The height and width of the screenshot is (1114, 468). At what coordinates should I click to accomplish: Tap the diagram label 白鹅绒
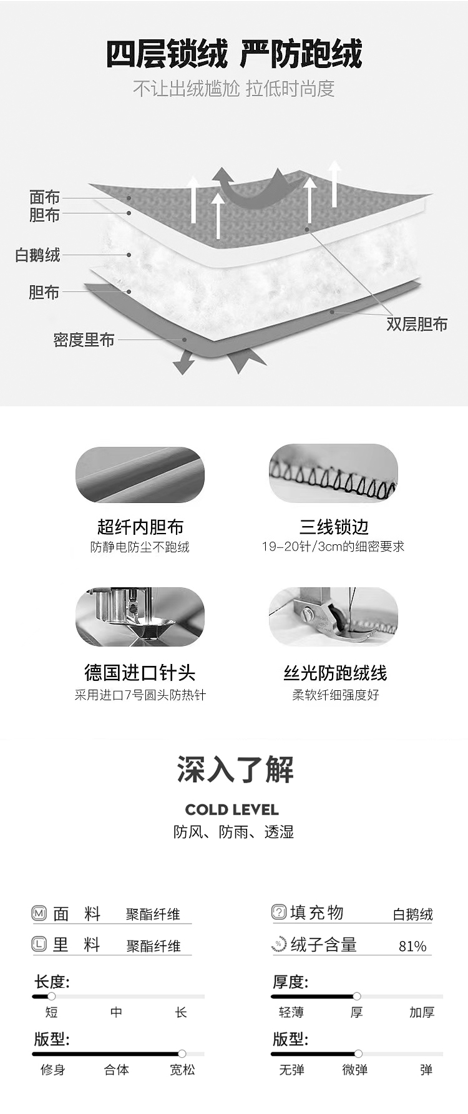pyautogui.click(x=38, y=255)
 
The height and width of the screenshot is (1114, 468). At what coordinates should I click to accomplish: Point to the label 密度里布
pyautogui.click(x=84, y=340)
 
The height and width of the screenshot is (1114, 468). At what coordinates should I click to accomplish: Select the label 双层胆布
pyautogui.click(x=417, y=324)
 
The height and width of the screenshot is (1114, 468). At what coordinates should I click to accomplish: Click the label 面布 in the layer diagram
pyautogui.click(x=45, y=197)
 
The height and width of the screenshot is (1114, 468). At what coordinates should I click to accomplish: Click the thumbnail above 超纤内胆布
pyautogui.click(x=140, y=474)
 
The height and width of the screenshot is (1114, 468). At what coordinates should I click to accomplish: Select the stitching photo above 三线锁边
pyautogui.click(x=333, y=472)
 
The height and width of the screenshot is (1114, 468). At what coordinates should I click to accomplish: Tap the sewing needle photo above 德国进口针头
pyautogui.click(x=140, y=617)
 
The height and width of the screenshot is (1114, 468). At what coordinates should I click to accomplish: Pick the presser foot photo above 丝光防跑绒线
pyautogui.click(x=333, y=616)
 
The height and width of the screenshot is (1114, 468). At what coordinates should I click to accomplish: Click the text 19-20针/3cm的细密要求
pyautogui.click(x=333, y=547)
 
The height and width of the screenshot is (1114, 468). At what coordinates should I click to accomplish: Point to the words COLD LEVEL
pyautogui.click(x=232, y=809)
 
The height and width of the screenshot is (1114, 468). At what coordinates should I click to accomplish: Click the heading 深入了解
pyautogui.click(x=235, y=769)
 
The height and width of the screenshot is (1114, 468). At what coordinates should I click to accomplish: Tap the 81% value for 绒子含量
pyautogui.click(x=412, y=946)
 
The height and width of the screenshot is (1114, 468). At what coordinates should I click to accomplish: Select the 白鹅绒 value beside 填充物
pyautogui.click(x=413, y=914)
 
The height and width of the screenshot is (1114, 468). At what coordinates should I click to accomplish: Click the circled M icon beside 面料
pyautogui.click(x=39, y=914)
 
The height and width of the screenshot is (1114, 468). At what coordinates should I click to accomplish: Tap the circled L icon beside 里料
pyautogui.click(x=39, y=944)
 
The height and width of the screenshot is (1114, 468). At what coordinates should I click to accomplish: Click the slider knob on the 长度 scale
pyautogui.click(x=51, y=996)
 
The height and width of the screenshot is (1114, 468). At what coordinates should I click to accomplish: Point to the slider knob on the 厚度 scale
pyautogui.click(x=357, y=996)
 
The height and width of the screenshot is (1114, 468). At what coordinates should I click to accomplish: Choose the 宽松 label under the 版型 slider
pyautogui.click(x=182, y=1070)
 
